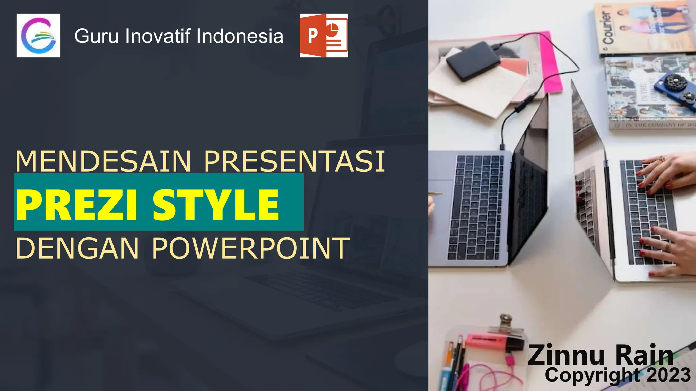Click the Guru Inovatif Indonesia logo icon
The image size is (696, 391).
(38, 35)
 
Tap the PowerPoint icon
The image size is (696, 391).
(324, 35)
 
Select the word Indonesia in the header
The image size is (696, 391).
(240, 36)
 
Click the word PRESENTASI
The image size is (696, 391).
(294, 162)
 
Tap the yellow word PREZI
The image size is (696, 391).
(77, 205)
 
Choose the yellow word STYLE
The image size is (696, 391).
(215, 205)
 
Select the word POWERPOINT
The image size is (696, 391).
(251, 248)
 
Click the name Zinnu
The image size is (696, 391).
(566, 355)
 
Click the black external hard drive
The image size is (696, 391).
(473, 61)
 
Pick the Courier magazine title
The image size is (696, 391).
(607, 29)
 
